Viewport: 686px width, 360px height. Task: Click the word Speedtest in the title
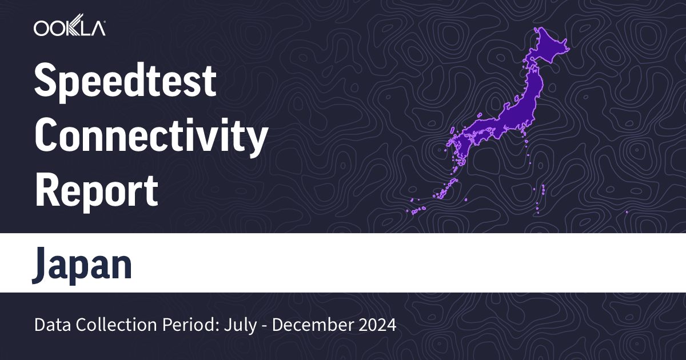[x=125, y=82]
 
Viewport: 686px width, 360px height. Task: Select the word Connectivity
[x=151, y=137]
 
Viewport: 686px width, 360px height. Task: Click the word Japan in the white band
[x=82, y=264]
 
